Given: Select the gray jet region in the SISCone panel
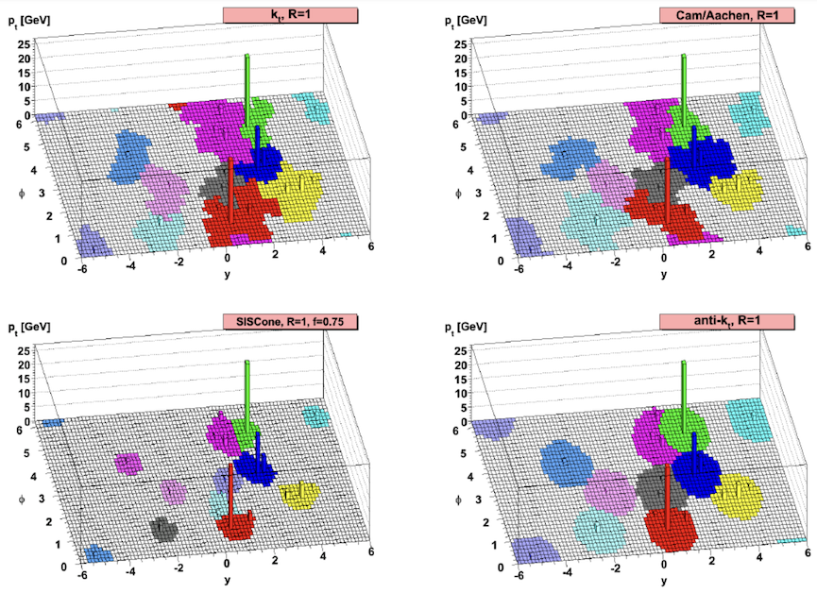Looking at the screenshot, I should click(164, 529).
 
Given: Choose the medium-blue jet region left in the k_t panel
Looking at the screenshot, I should click(130, 156).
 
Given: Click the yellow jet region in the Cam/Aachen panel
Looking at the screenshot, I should click(737, 190).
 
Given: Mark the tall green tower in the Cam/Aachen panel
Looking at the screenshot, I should click(682, 85).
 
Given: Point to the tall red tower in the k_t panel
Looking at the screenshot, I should click(230, 194).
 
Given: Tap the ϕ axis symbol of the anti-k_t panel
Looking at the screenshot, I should click(456, 497).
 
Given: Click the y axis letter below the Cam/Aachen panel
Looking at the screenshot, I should click(663, 275).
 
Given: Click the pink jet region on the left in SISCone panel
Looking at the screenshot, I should click(128, 463).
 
